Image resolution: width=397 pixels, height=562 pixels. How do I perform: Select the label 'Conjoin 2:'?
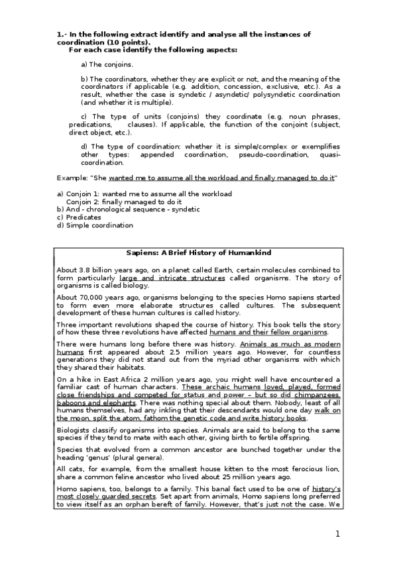coord(84,201)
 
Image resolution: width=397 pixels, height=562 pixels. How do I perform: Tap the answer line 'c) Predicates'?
coord(79,217)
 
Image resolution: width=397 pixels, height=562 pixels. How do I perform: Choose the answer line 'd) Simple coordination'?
coord(95,225)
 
